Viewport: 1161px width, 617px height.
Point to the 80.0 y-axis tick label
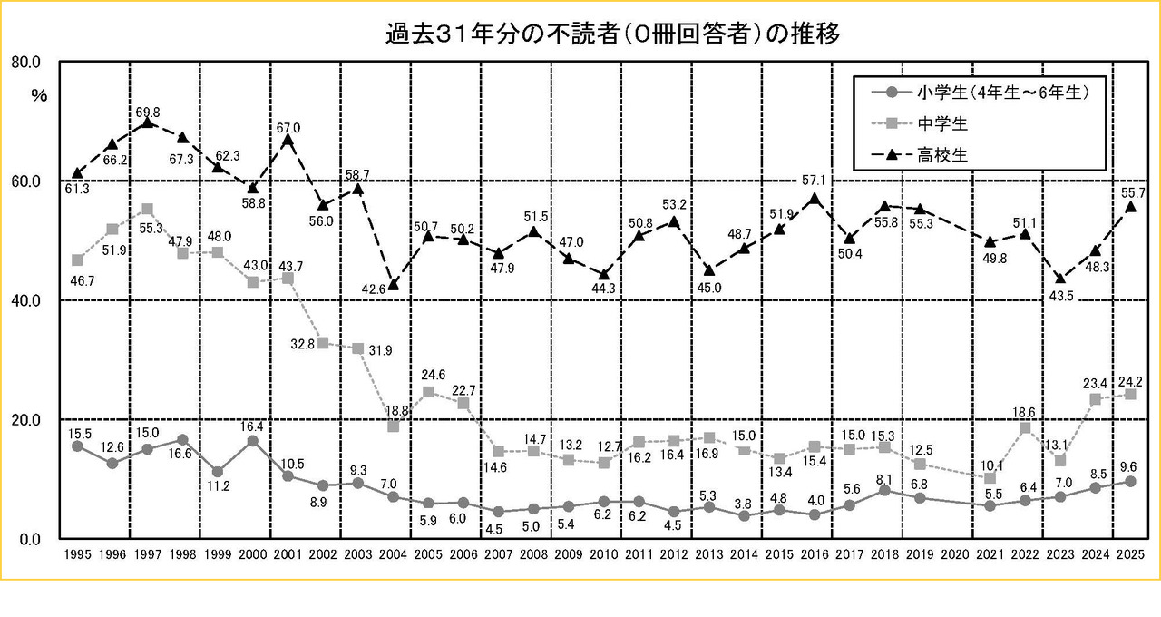[24, 62]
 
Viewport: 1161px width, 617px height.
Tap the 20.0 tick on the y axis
[24, 419]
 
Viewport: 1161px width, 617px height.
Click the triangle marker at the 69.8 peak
[148, 122]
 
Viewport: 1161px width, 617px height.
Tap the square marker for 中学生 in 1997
[148, 209]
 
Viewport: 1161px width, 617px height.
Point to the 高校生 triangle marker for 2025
[1130, 207]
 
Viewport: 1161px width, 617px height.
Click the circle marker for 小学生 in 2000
[253, 441]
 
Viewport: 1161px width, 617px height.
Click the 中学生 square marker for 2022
[1025, 428]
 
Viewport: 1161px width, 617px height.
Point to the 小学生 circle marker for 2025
[1130, 481]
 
